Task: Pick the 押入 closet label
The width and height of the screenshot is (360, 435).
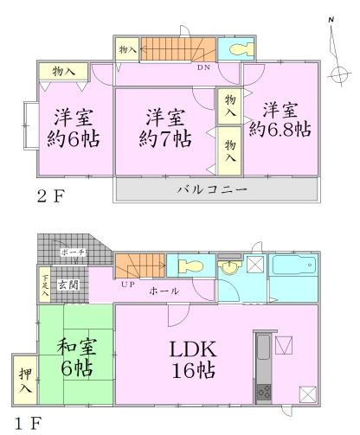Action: coord(24,381)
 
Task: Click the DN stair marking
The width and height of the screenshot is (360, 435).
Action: coord(204,67)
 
